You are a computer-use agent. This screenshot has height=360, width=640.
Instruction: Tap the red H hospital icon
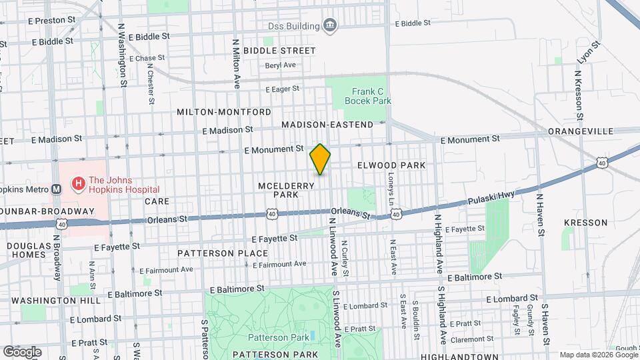tap(78, 182)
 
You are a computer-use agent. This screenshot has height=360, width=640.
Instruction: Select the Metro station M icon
tap(57, 189)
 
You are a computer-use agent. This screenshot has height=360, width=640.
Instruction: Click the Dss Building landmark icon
tap(329, 26)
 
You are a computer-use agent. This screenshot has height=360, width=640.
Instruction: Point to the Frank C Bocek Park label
tap(367, 96)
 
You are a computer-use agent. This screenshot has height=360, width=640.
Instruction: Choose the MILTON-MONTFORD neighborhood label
tap(224, 112)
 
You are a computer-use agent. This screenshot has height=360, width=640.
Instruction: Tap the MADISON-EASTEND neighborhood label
tap(327, 125)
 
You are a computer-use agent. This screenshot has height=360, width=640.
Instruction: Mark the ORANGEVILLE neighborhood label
tap(575, 131)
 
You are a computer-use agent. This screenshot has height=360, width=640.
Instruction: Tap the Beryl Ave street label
tap(280, 65)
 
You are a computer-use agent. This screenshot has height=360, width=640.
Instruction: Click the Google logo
tap(22, 351)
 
